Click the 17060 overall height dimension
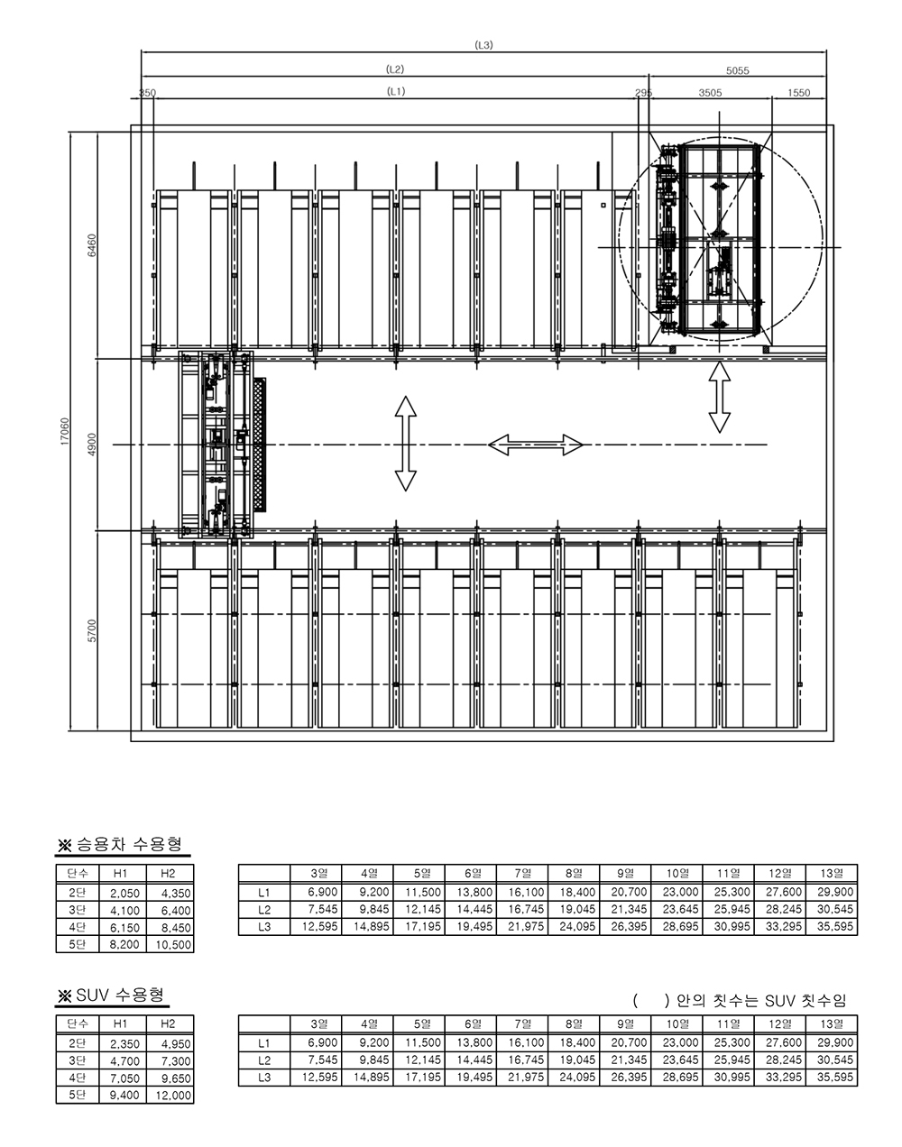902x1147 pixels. pos(65,431)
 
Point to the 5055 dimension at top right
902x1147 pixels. pos(737,70)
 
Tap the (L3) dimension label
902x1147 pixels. pos(483,45)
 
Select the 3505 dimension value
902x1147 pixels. pos(710,93)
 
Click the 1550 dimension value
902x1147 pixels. pos(798,93)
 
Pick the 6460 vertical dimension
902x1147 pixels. pos(92,245)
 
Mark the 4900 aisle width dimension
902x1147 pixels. pos(92,445)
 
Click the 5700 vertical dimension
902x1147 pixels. pos(92,630)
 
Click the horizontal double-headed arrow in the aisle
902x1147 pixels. pos(535,445)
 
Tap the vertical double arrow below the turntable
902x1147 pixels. pos(719,397)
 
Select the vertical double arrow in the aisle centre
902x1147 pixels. pos(405,444)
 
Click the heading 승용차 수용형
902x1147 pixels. pos(130,844)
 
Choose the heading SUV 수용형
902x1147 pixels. pos(120,995)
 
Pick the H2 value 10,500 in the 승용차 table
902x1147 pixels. pos(173,944)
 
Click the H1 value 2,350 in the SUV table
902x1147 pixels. pos(124,1043)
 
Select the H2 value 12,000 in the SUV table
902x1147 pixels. pos(173,1096)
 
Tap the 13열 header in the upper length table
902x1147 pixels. pos(832,873)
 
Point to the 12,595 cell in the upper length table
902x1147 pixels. pos(320,926)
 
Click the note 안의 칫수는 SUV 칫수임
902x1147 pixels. pos(761,1001)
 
